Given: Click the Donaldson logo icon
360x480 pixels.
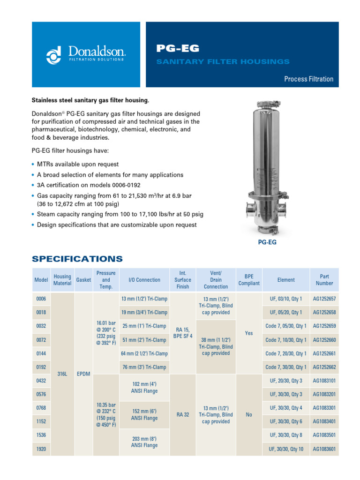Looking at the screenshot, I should click(54, 55).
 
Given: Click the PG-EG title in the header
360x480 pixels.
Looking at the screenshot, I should click(178, 48).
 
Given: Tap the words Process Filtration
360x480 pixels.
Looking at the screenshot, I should click(308, 79).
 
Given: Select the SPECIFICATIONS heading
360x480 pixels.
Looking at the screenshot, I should click(77, 259).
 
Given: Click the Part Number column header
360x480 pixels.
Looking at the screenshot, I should click(324, 280).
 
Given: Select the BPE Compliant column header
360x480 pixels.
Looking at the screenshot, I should click(249, 280).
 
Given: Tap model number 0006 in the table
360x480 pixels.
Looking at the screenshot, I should click(41, 299).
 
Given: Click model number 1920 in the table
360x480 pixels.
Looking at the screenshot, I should click(41, 449).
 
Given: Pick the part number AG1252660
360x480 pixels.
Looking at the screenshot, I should click(324, 340).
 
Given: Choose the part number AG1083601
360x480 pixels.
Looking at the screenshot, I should click(324, 449).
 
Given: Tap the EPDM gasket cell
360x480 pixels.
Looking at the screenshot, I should click(83, 374).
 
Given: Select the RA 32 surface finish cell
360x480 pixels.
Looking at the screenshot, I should click(183, 414).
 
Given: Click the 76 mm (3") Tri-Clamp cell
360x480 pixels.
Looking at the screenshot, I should click(144, 367).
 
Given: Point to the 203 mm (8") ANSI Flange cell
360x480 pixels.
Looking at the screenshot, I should click(144, 442).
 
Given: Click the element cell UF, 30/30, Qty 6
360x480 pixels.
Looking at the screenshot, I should click(286, 421).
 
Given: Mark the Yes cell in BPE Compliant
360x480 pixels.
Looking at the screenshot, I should click(249, 333).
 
